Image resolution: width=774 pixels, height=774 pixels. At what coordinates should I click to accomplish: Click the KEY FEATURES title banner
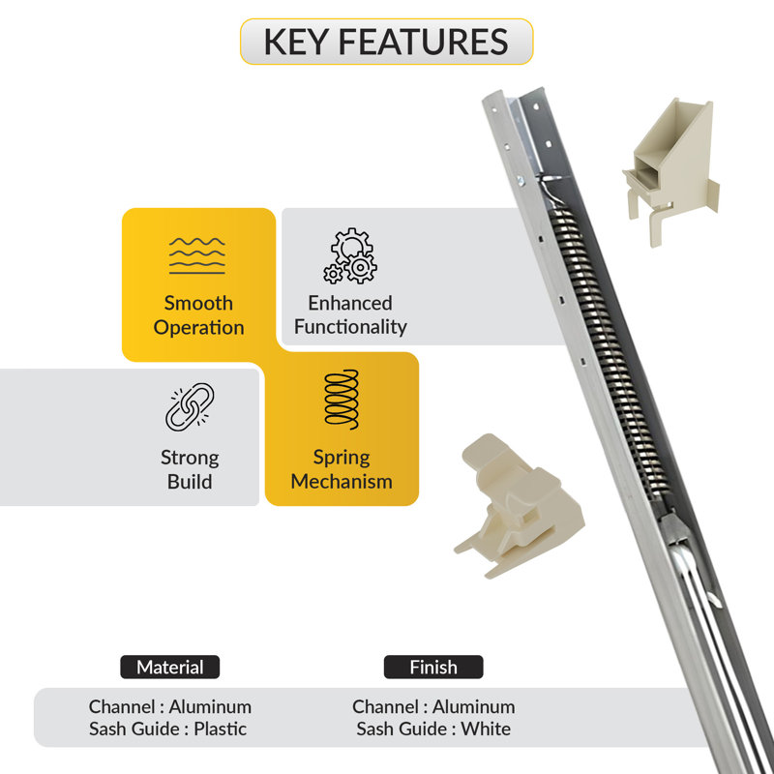point(386,42)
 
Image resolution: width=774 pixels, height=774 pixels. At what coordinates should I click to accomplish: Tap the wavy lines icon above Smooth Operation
point(197,255)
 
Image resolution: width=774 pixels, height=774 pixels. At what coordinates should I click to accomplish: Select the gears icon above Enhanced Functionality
point(350,255)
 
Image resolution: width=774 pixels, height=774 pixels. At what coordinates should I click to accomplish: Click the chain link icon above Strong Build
point(190,406)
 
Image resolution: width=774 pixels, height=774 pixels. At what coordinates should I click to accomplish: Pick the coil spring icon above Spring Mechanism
point(342,400)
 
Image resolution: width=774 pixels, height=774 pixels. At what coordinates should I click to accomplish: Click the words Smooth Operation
point(198,315)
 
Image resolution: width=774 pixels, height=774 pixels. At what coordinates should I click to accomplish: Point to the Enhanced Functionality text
point(350,315)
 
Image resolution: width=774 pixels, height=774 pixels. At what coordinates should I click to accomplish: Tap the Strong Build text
point(190,469)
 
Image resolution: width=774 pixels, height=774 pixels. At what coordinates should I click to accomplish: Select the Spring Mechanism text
point(342,469)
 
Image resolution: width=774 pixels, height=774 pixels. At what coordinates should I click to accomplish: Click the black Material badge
point(170,667)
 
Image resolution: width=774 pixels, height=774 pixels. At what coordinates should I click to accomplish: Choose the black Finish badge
point(433,667)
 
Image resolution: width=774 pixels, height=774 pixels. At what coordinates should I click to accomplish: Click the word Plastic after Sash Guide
point(221,729)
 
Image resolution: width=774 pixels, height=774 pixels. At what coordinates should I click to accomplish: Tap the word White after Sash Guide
point(486,729)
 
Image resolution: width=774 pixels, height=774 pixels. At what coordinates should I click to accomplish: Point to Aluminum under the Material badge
point(210,707)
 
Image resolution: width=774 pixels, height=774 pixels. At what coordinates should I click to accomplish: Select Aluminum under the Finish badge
point(474,707)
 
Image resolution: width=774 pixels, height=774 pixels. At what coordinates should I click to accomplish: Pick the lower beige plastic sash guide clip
point(520,506)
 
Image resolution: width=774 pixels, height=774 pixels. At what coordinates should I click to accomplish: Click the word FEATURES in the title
point(423,42)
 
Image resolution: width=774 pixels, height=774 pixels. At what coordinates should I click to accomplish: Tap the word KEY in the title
point(296,42)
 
